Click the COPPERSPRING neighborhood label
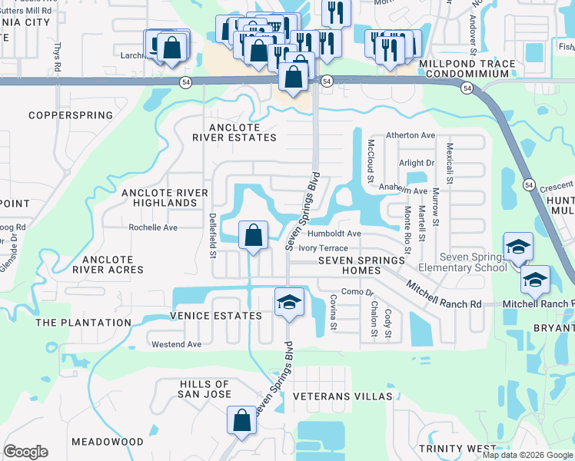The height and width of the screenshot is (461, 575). [x=71, y=115]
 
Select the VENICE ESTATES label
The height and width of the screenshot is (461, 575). [x=216, y=316]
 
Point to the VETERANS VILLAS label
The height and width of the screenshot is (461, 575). [x=343, y=396]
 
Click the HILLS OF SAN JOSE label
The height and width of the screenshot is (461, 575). [x=205, y=389]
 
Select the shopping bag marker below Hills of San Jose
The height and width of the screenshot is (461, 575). [x=241, y=420]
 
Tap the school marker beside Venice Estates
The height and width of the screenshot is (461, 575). [x=289, y=301]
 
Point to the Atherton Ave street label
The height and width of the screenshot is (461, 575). [x=410, y=135]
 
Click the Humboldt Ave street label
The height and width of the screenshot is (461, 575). [x=334, y=234]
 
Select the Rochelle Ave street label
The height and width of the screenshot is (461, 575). [x=153, y=227]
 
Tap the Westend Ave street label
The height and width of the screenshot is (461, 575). [x=176, y=344]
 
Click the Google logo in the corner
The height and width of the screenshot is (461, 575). [x=25, y=452]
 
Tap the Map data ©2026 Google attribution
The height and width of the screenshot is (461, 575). [x=527, y=455]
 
